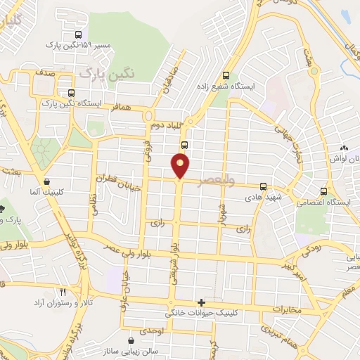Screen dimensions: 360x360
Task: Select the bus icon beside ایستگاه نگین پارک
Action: tap(70, 92)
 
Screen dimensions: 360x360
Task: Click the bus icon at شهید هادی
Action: tap(263, 187)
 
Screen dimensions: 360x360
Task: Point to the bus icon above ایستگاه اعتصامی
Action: tap(323, 191)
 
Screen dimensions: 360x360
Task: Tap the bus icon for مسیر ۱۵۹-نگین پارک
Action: tap(77, 34)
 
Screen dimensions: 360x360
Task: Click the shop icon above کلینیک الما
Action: tap(46, 181)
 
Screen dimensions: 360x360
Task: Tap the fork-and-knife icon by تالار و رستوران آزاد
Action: tap(63, 292)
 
